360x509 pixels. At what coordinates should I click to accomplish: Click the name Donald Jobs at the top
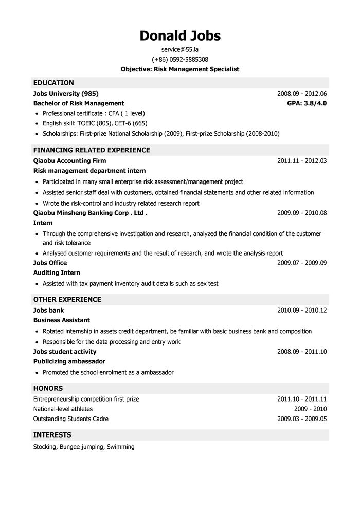pos(180,35)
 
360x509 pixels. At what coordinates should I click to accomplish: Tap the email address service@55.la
pos(179,49)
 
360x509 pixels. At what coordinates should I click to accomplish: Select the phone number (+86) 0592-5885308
pos(180,59)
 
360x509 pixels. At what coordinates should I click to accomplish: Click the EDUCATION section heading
pos(53,83)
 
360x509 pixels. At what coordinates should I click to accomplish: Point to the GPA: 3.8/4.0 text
pos(307,103)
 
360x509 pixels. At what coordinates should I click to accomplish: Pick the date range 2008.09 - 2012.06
pos(302,94)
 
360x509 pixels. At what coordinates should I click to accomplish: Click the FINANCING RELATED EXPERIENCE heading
pos(92,150)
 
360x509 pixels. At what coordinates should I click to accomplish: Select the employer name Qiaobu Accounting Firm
pos(69,161)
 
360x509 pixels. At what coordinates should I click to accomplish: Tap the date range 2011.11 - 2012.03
pos(302,161)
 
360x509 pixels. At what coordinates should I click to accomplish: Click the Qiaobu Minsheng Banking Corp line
pos(90,213)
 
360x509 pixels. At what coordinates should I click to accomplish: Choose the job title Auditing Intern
pos(57,272)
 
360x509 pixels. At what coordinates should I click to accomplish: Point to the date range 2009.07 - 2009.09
pos(302,263)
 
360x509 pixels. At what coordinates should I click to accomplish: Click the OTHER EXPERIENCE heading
pos(67,299)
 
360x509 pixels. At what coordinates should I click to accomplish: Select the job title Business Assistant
pos(61,320)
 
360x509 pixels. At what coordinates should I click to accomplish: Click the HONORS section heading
pos(48,388)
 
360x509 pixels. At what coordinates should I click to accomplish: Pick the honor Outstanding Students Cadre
pos(71,419)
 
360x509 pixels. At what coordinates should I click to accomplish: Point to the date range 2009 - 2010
pos(310,409)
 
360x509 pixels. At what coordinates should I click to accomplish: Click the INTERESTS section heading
pos(52,435)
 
